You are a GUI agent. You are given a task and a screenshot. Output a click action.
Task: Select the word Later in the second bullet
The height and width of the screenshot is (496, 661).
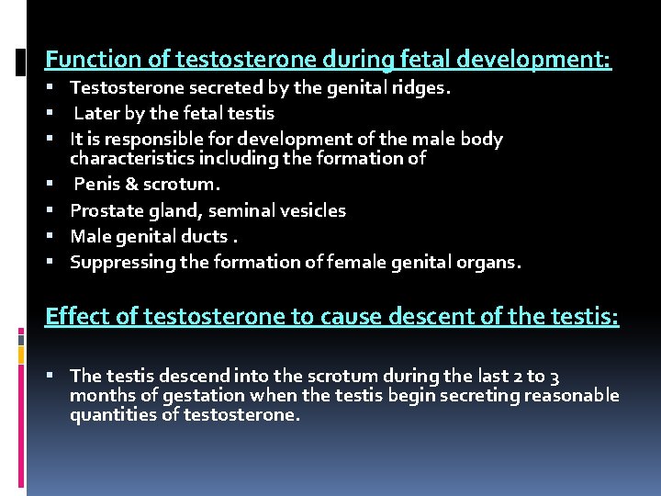(95, 114)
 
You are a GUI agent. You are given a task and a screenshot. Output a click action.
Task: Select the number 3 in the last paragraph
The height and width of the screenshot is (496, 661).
(555, 376)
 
